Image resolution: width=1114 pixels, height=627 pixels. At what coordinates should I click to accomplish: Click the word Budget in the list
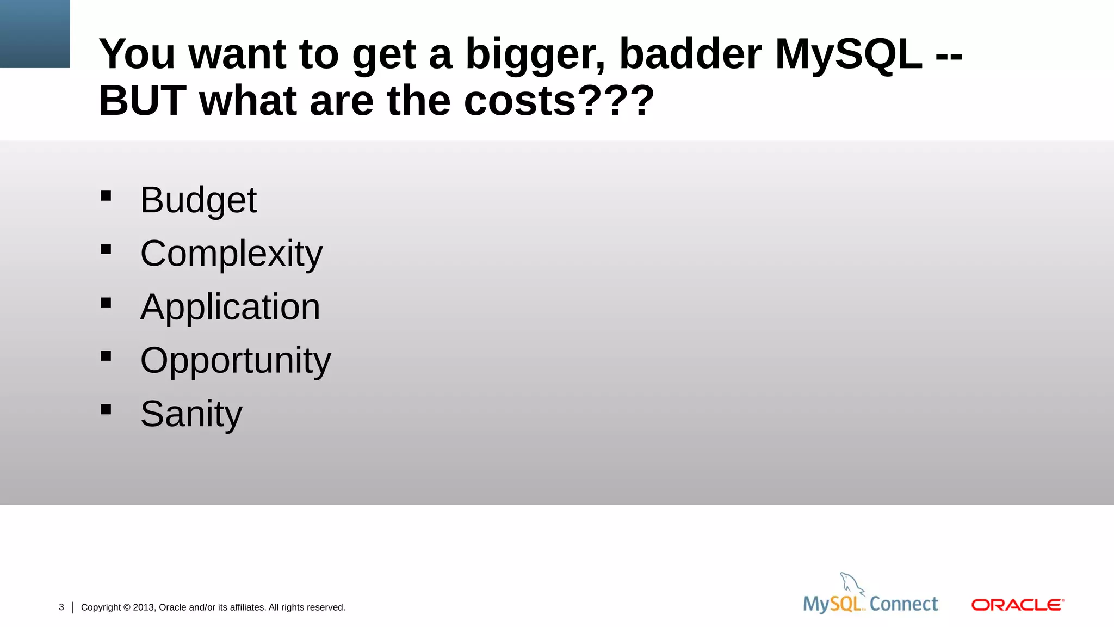coord(198,200)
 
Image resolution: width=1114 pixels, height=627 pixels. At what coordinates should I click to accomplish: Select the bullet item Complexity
coord(231,254)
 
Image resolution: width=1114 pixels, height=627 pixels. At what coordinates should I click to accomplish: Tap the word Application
coord(230,307)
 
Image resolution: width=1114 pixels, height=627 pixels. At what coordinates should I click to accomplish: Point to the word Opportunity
coord(235,360)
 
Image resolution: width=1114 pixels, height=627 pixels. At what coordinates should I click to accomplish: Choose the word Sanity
coord(191,414)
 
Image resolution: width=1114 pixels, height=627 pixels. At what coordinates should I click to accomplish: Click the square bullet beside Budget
coord(106,196)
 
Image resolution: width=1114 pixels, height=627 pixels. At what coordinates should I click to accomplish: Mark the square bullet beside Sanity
coord(106,409)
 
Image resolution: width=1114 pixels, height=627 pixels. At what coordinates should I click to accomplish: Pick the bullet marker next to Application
coord(106,303)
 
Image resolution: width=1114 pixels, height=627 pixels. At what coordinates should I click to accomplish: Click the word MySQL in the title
coord(849,54)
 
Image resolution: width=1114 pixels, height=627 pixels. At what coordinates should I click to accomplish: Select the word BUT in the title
coord(143,101)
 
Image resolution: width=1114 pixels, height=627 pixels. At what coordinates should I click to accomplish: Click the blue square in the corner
coord(35,34)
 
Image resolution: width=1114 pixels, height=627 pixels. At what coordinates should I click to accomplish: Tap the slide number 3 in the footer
coord(61,607)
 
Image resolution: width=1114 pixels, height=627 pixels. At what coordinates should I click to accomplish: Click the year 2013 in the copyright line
coord(144,607)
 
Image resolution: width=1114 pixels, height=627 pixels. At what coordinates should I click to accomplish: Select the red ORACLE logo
coord(1017,605)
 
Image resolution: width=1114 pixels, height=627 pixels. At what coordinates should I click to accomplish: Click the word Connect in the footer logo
coord(903,604)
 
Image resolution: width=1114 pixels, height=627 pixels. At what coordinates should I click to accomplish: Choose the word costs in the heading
coord(519,101)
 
